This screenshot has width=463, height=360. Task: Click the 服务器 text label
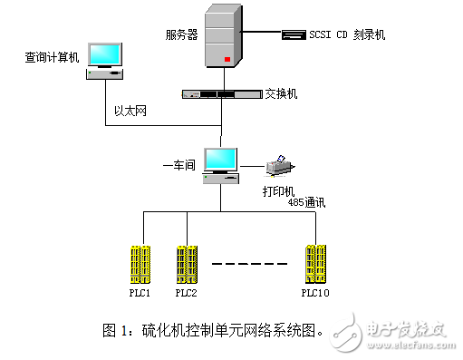180,35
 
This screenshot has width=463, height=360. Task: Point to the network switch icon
221,93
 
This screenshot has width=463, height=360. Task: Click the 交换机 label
282,93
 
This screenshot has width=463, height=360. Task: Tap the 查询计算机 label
53,57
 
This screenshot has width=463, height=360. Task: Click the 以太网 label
130,111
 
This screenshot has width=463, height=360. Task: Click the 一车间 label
179,165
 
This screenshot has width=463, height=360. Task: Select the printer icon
280,166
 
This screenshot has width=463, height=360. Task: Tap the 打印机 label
278,191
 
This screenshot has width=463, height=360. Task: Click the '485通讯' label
307,203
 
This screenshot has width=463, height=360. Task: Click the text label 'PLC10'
315,292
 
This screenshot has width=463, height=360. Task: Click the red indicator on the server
227,61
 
